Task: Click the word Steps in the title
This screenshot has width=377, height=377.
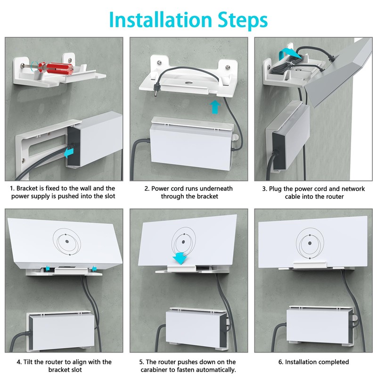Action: coord(240,20)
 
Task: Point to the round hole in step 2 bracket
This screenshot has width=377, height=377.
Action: coord(188,82)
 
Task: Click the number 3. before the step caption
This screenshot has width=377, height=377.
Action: coord(264,188)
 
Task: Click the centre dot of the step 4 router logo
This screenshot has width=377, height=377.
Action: coord(66,240)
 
